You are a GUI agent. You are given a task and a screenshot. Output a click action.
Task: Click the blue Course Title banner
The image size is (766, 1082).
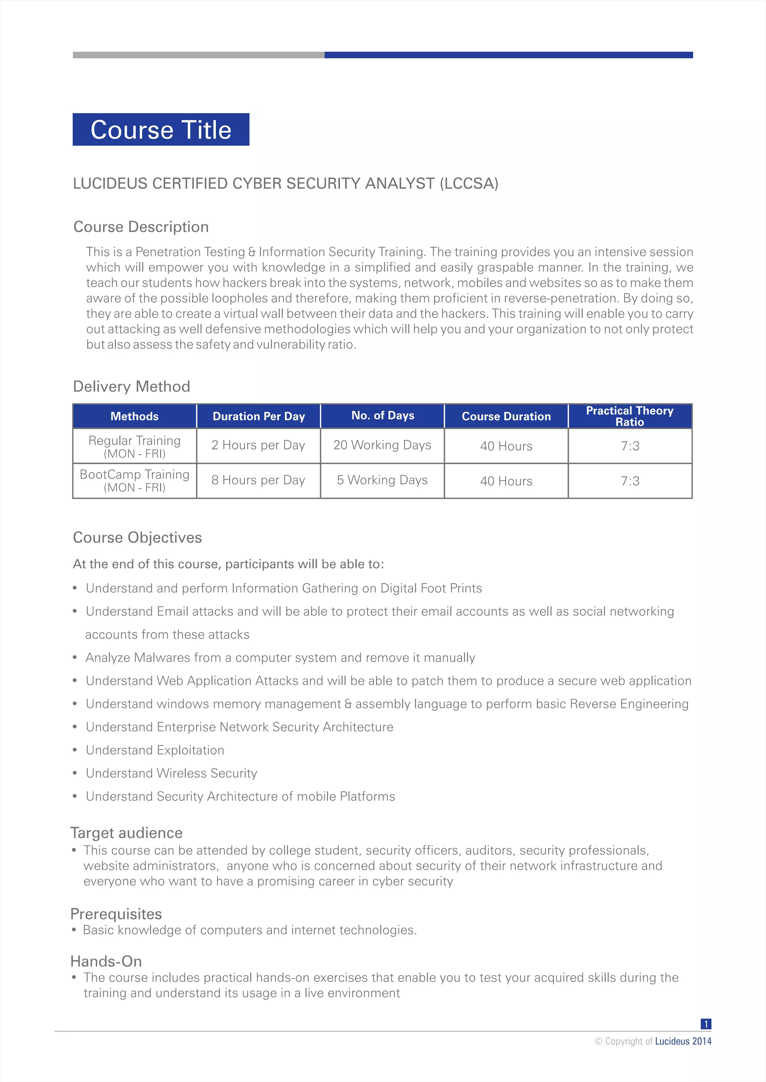tap(161, 130)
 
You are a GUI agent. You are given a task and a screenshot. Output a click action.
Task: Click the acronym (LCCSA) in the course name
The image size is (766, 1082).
tap(469, 183)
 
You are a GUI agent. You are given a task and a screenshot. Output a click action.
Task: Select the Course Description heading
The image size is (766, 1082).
tap(141, 226)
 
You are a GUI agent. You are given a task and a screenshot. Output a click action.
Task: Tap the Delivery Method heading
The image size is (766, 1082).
tap(132, 386)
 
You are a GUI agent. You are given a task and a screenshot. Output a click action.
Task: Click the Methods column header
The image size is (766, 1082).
tap(134, 416)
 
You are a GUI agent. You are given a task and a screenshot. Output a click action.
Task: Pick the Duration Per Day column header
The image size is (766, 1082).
tap(258, 416)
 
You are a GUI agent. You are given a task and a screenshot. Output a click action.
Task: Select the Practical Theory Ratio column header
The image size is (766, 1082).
tap(630, 416)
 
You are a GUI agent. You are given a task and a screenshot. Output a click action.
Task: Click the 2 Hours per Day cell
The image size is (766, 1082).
tap(258, 446)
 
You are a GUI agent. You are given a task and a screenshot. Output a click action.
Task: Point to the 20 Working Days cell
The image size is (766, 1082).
tap(382, 446)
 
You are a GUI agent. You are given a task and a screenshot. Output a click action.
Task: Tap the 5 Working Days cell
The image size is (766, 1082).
tap(382, 480)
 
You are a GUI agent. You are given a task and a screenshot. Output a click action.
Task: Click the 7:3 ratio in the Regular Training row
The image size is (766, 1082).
tap(630, 446)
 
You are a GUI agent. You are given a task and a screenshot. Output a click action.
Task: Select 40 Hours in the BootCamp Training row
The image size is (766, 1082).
tap(506, 481)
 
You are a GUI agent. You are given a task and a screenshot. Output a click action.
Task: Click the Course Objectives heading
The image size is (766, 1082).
tap(137, 538)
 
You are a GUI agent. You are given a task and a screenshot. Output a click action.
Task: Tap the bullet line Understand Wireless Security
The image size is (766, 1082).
tap(171, 773)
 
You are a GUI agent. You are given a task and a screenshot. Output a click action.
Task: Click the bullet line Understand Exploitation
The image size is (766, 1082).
tap(155, 750)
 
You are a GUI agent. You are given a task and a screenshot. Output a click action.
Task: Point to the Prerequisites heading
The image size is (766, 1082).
tap(116, 914)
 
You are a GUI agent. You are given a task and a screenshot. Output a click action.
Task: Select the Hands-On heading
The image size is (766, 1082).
tap(106, 961)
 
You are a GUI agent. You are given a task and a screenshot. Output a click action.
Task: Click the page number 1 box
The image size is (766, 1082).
tap(706, 1024)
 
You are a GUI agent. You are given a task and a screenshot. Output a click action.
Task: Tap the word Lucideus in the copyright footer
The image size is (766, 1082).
tap(672, 1041)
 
